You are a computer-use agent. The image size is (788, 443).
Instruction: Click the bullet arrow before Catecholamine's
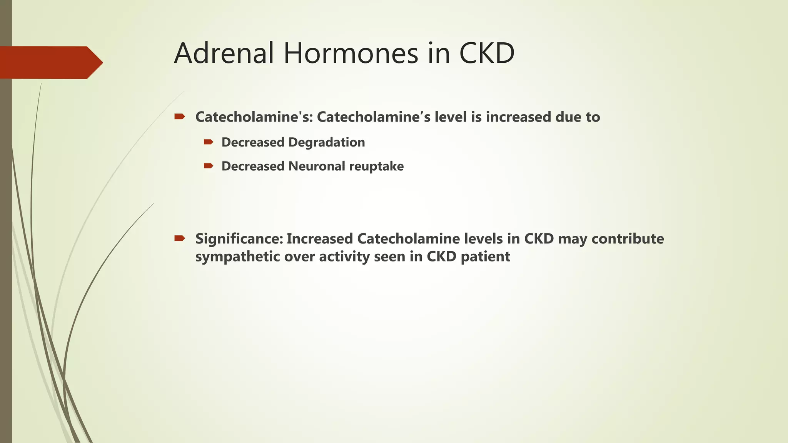tap(180, 117)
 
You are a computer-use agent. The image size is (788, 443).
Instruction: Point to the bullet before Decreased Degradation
tap(209, 142)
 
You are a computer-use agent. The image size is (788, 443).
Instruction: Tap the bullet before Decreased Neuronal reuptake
tap(209, 166)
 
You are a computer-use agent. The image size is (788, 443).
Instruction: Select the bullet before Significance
tap(180, 238)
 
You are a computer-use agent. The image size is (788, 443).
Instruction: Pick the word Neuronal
tap(317, 166)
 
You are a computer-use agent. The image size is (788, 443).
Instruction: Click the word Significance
tap(239, 239)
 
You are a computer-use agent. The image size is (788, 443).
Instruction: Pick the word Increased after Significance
tap(320, 239)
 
